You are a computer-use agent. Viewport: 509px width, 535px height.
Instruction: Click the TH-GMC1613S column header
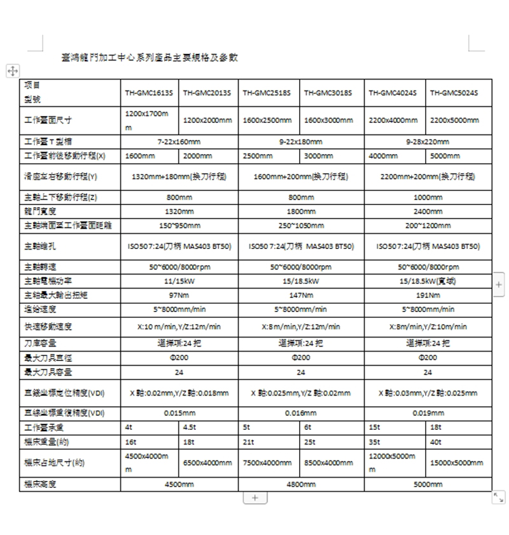point(148,93)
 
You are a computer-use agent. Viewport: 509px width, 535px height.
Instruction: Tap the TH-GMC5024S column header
point(454,93)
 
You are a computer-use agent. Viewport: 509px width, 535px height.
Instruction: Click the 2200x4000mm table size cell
point(393,120)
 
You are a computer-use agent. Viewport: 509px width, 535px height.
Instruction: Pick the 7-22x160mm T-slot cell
point(179,141)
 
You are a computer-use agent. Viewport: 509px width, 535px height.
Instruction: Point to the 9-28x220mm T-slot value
point(428,141)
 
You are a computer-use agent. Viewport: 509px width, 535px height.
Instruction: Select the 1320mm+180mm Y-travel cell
point(179,176)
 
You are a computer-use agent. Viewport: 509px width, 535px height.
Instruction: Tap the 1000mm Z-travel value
point(428,197)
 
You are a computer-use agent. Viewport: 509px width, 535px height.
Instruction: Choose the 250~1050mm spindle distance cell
point(300,225)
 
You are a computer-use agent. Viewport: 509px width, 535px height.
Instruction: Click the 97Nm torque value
point(179,295)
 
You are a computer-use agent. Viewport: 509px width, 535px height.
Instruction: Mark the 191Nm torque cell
point(428,295)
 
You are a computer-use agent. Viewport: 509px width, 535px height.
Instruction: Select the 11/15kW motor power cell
point(179,281)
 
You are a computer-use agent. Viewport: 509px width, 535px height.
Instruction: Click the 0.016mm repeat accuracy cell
point(300,413)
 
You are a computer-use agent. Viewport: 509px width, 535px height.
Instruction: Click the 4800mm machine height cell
point(300,484)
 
